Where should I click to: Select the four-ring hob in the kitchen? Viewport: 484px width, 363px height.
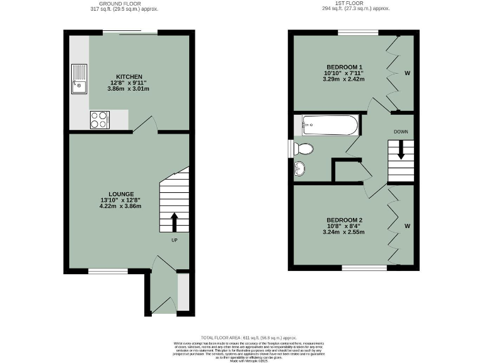tap(100, 119)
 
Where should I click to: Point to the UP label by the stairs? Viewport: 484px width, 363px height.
tap(175, 239)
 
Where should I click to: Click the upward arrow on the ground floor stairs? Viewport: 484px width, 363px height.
tap(175, 221)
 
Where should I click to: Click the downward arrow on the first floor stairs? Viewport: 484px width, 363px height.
tap(400, 152)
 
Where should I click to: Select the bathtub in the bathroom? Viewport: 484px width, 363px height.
tap(330, 125)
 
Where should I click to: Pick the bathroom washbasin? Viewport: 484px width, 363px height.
tap(301, 169)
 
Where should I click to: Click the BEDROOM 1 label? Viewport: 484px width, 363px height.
tap(344, 67)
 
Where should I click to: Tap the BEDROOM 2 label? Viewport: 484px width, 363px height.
tap(344, 220)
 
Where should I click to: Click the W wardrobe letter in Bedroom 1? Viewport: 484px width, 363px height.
tap(407, 74)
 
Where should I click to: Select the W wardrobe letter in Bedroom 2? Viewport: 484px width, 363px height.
tap(407, 226)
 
